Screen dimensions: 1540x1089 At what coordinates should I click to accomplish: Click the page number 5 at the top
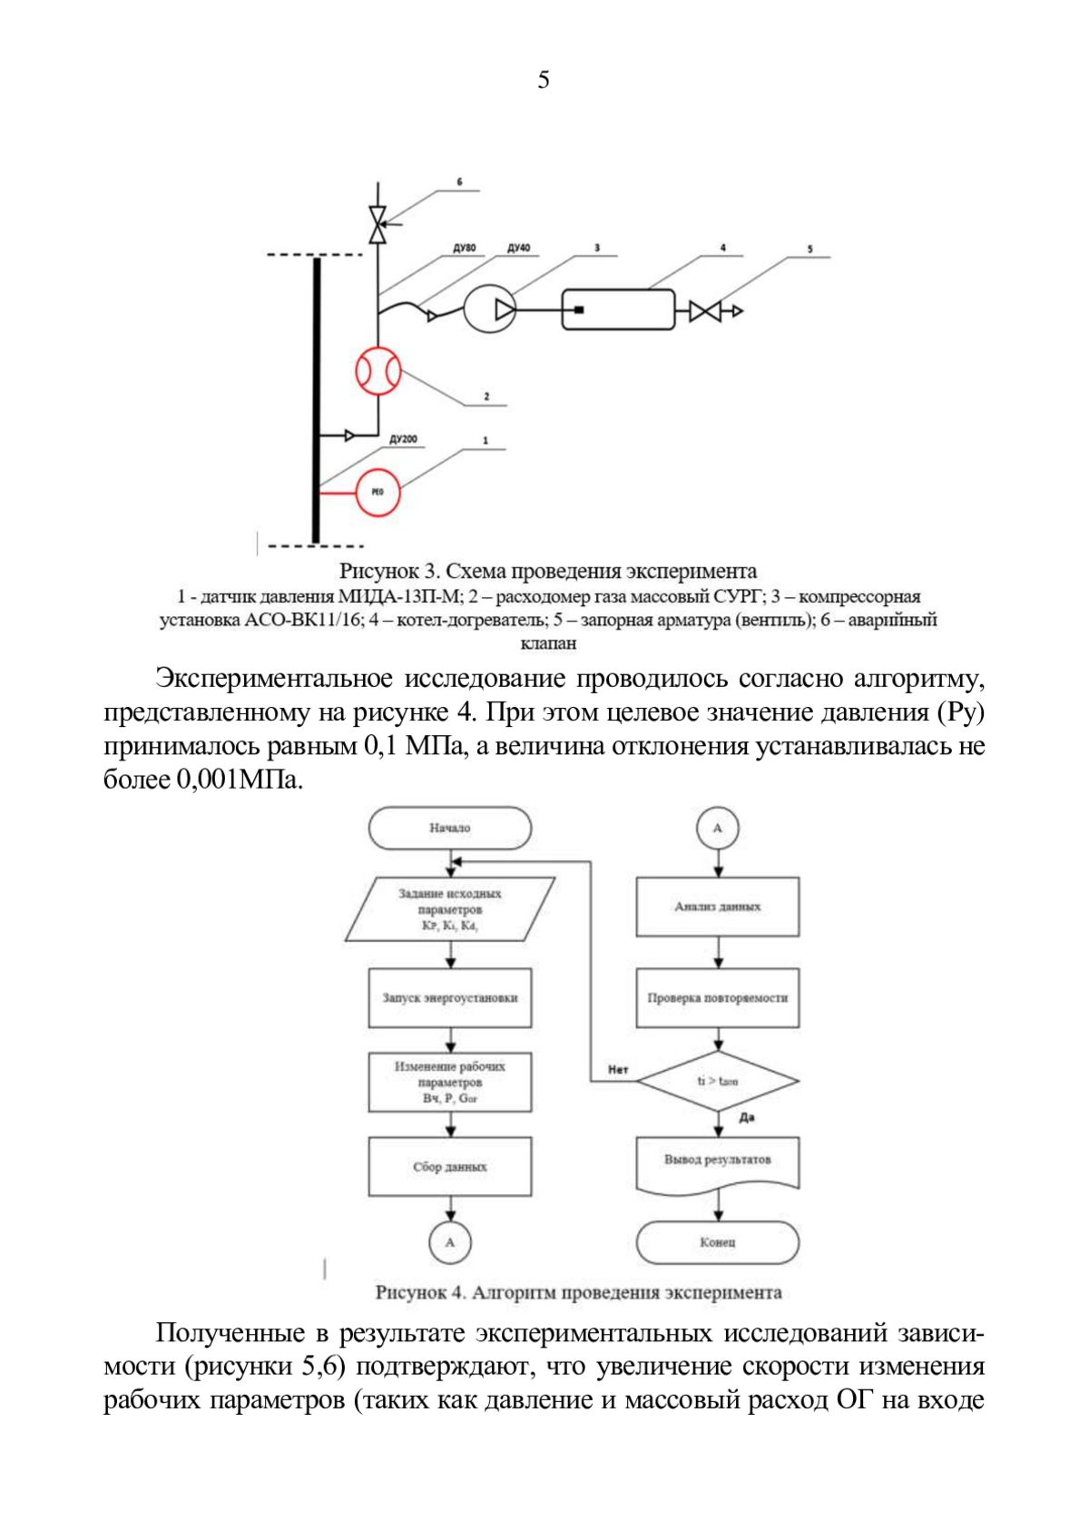(x=544, y=81)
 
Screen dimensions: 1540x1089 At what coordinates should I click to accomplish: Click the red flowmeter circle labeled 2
(x=378, y=370)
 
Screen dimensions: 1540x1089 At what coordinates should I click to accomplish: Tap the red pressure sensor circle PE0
(x=378, y=493)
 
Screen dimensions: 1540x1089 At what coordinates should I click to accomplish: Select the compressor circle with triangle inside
(x=490, y=310)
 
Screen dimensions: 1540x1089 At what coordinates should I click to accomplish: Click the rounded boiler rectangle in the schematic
(x=618, y=310)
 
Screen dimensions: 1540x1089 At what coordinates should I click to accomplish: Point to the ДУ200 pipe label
(x=403, y=439)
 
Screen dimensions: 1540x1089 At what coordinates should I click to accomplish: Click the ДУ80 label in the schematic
(x=465, y=248)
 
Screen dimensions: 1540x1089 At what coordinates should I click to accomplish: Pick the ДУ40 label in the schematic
(x=519, y=248)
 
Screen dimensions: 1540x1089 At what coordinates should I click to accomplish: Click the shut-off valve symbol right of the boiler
(x=704, y=311)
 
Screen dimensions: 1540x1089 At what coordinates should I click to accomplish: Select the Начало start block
(x=450, y=828)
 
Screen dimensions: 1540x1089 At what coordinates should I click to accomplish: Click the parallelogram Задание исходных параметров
(x=450, y=909)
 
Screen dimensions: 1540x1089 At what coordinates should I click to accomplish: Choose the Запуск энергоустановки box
(x=450, y=997)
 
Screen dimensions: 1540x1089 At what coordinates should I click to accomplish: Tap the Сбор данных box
(x=450, y=1166)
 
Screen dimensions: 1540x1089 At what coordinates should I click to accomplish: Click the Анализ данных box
(x=718, y=907)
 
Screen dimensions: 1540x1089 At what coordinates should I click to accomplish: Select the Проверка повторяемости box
(x=718, y=997)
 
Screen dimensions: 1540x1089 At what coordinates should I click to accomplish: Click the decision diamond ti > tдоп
(x=718, y=1081)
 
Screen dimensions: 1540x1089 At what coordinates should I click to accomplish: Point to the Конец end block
(x=718, y=1241)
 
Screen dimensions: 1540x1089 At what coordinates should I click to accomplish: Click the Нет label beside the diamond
(x=618, y=1070)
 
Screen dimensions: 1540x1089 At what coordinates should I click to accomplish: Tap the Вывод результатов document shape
(x=718, y=1162)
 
